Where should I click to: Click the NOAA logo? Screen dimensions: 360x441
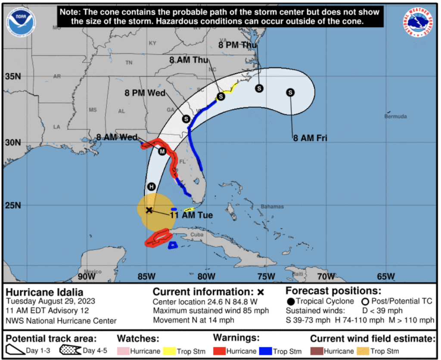[21, 20]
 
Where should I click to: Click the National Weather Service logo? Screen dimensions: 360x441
[418, 22]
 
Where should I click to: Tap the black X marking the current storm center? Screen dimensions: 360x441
[149, 210]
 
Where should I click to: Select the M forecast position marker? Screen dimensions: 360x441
[162, 151]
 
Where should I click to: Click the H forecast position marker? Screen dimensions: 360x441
[151, 186]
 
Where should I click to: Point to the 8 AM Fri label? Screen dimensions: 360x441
[310, 138]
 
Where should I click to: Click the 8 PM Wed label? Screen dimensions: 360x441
[145, 93]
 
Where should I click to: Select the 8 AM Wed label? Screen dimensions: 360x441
[117, 137]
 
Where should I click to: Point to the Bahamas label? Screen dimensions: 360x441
[272, 207]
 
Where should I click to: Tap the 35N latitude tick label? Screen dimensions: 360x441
[12, 77]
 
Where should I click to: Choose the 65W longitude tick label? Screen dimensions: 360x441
[385, 276]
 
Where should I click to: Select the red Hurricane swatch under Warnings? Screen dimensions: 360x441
[219, 351]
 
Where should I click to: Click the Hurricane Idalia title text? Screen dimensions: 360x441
[44, 292]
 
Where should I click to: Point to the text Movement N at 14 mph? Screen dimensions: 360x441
[194, 320]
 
